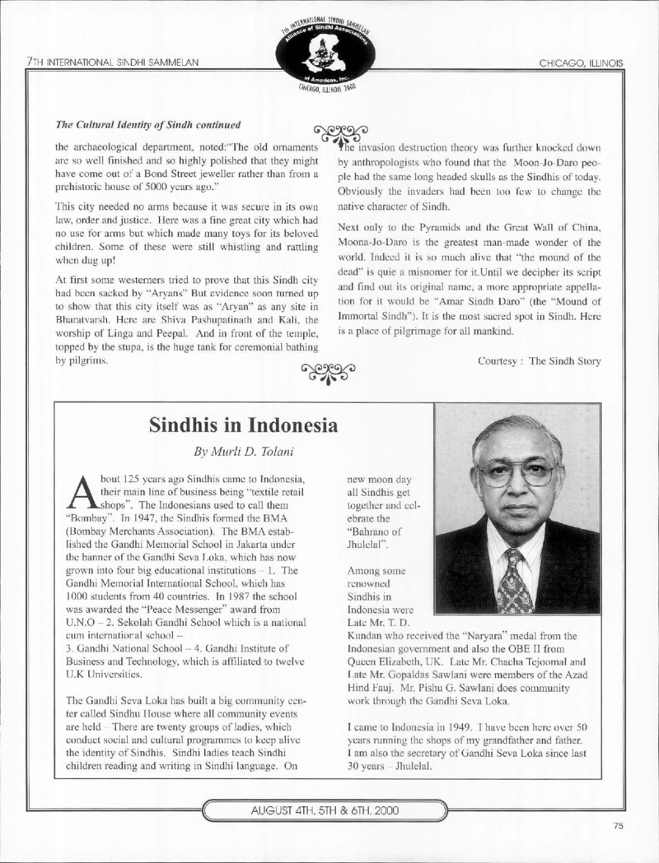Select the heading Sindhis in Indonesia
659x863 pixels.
244,425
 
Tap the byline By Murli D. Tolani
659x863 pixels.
244,452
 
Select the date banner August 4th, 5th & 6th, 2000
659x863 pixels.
329,810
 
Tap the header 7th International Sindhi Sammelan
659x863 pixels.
111,63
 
